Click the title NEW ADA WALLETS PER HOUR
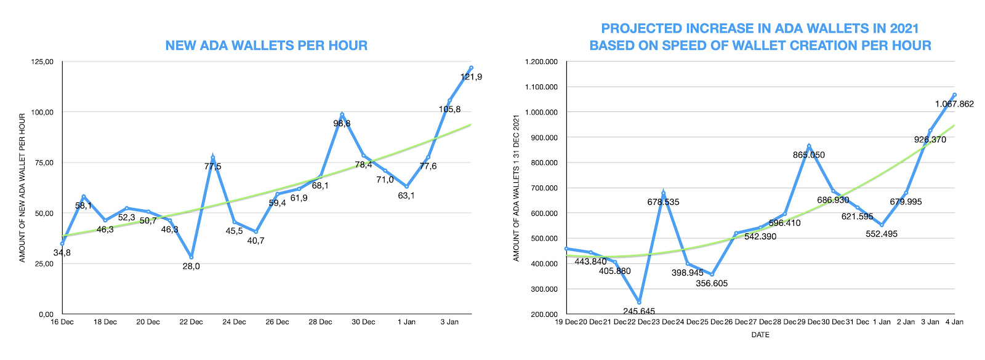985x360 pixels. [x=266, y=46]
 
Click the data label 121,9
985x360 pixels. [x=471, y=77]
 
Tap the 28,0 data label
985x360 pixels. [x=191, y=266]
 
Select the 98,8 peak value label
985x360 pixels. [x=342, y=124]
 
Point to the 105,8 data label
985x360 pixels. [x=449, y=110]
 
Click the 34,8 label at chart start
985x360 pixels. [x=62, y=253]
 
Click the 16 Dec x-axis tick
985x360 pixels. [x=62, y=322]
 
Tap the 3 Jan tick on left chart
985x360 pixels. [x=449, y=322]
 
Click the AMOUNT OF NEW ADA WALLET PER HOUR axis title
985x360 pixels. [x=22, y=188]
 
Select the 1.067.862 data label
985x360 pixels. [x=954, y=104]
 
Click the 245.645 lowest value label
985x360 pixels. [x=638, y=311]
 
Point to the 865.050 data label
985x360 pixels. [x=808, y=155]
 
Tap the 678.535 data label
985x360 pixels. [x=663, y=202]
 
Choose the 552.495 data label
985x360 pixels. [x=882, y=234]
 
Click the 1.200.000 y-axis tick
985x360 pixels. [x=541, y=62]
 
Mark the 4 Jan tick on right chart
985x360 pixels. [x=954, y=322]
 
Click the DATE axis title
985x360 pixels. [x=760, y=335]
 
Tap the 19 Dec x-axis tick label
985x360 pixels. [x=566, y=322]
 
